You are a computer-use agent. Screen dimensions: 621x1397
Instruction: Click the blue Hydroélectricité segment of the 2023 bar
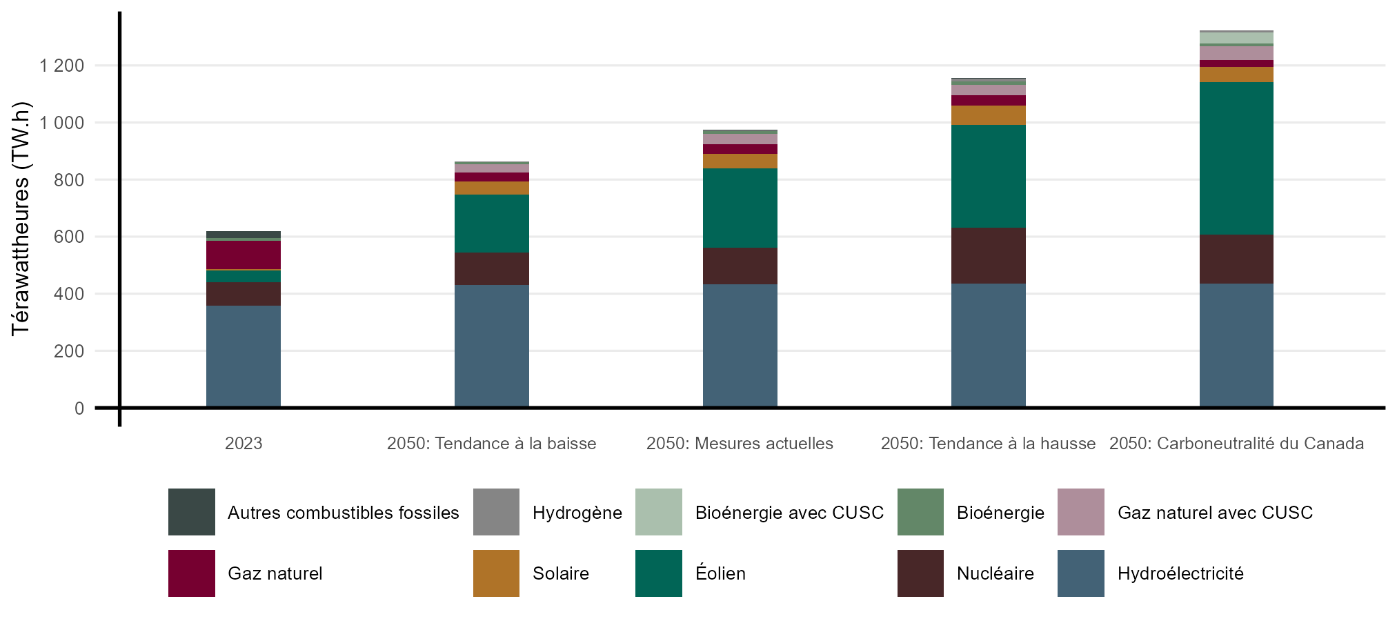click(x=243, y=356)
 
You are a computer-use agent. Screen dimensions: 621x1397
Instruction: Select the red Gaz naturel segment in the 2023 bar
click(x=243, y=255)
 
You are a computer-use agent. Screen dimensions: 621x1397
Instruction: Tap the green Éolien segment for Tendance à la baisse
click(x=491, y=224)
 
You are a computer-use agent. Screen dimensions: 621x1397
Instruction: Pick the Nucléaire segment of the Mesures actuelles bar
click(x=740, y=266)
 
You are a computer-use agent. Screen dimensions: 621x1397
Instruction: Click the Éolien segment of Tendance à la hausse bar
click(x=988, y=176)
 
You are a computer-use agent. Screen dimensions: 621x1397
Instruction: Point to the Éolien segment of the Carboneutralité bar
click(x=1236, y=158)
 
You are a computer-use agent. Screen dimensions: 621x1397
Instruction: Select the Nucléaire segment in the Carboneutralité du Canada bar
click(x=1236, y=259)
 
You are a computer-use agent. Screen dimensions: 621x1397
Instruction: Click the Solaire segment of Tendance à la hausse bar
click(x=988, y=115)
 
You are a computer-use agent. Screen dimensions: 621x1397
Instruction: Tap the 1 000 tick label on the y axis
click(x=61, y=123)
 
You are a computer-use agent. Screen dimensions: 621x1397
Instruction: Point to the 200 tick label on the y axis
click(x=70, y=351)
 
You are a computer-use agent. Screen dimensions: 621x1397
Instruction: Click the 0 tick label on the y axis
click(x=79, y=408)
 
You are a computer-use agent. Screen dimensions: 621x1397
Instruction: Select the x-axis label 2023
click(x=244, y=444)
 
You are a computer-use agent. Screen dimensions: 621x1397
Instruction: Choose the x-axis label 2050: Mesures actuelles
click(x=740, y=444)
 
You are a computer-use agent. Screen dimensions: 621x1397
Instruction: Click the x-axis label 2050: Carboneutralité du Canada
click(x=1236, y=444)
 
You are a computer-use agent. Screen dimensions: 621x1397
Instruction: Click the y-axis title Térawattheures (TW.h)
click(x=21, y=218)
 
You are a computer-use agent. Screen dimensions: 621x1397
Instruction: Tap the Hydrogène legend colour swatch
click(x=496, y=512)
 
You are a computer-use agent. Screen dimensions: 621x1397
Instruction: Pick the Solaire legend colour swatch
click(x=496, y=573)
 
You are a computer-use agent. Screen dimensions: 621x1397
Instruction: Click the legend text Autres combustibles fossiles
click(x=343, y=513)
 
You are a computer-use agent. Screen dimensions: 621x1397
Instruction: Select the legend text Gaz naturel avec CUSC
click(x=1215, y=513)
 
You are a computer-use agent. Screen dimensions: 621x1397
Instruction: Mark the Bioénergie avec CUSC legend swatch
click(x=658, y=512)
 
